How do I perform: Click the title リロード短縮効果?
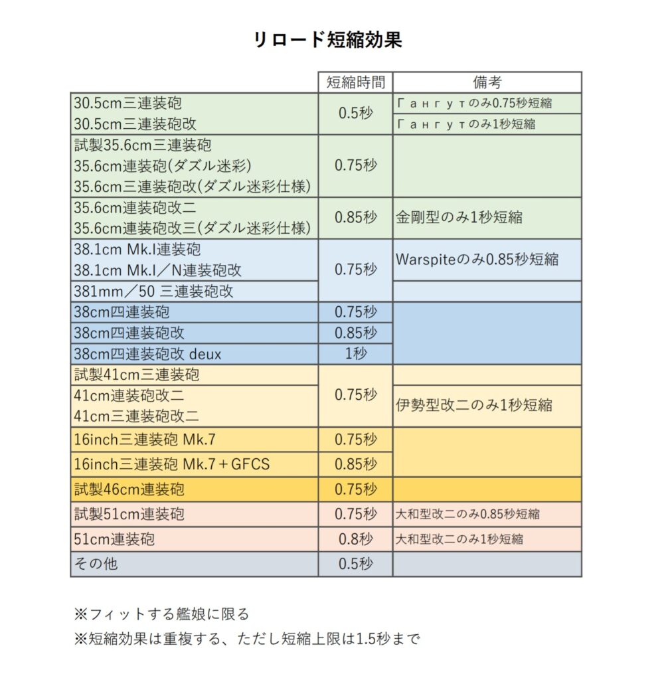pos(328,40)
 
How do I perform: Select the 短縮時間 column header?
pos(355,82)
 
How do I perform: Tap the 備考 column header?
pos(487,82)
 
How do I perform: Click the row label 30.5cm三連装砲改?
pos(135,124)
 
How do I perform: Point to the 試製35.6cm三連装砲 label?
pos(143,145)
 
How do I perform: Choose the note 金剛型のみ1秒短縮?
pos(458,217)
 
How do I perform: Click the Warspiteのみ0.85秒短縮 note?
pos(477,259)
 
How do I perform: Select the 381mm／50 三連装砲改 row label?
pos(153,291)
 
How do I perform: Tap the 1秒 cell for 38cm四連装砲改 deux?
pos(355,353)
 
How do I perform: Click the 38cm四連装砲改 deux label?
pos(147,353)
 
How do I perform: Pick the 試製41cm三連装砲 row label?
pos(136,375)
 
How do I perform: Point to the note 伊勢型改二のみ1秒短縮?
pos(473,404)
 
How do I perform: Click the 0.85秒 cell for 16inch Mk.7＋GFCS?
pos(355,464)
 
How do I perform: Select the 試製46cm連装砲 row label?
pos(129,489)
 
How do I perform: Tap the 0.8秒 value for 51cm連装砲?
pos(355,539)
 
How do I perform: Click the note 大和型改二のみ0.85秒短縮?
pos(467,513)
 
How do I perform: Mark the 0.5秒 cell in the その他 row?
pos(355,564)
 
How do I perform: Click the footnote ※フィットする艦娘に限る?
pos(161,614)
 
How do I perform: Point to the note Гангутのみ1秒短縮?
pos(465,124)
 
